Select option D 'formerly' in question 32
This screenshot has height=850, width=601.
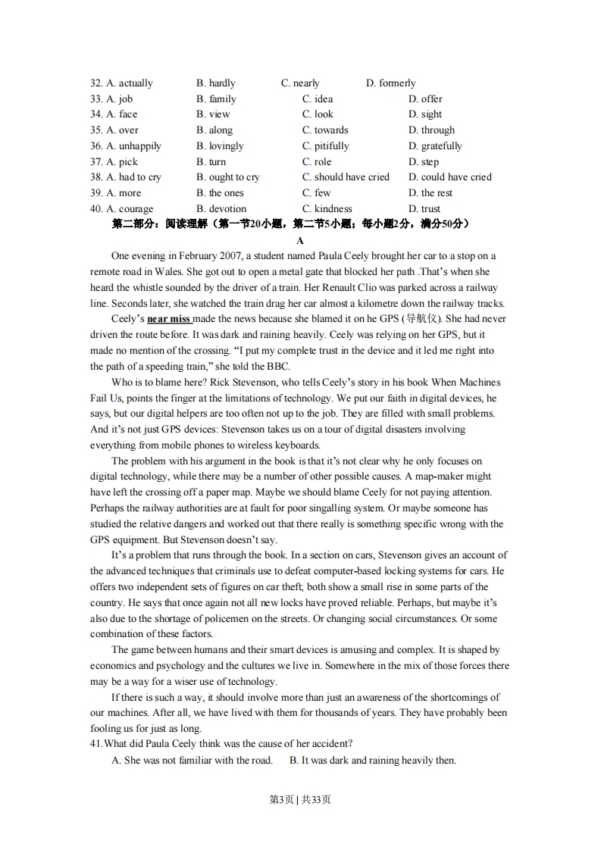(391, 83)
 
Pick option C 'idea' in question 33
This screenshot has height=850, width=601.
(318, 99)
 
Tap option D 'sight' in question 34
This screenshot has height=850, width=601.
(425, 114)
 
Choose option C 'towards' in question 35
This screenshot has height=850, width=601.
(325, 130)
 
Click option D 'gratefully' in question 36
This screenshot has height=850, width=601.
(435, 146)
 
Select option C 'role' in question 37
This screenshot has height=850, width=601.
(317, 162)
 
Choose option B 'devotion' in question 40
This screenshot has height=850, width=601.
(221, 209)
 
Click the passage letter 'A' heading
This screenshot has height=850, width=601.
(300, 241)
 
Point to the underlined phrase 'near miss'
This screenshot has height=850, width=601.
(169, 320)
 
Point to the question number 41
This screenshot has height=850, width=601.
(96, 744)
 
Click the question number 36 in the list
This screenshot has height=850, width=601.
(96, 146)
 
